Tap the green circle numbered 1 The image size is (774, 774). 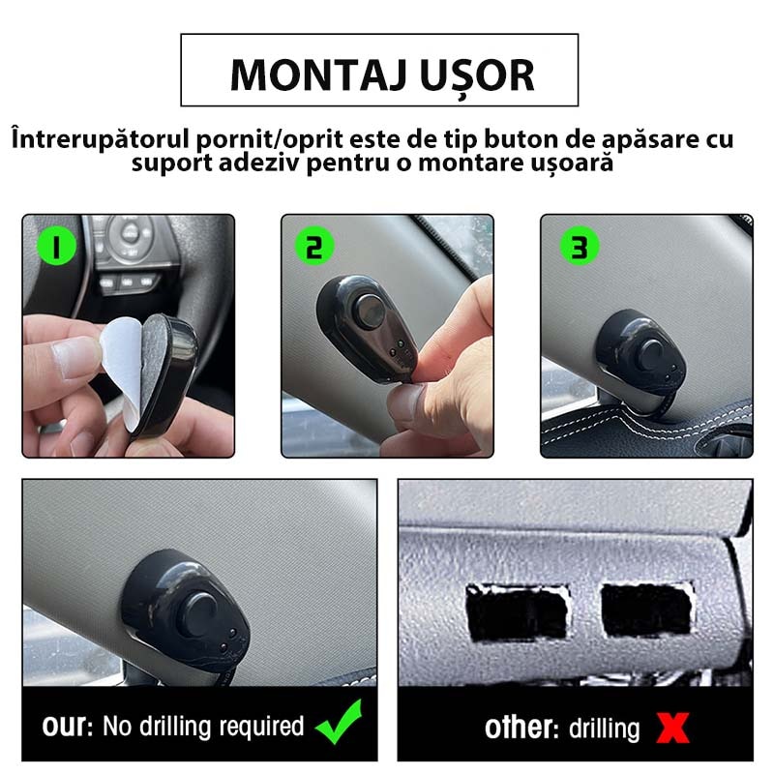pos(57,248)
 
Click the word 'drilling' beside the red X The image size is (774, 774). pos(606,728)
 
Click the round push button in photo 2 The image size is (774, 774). pos(369,312)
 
